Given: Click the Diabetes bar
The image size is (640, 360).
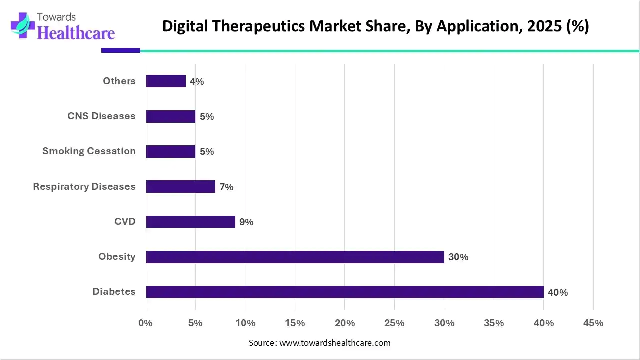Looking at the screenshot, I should [345, 292].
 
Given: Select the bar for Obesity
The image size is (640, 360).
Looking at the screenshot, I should [295, 257].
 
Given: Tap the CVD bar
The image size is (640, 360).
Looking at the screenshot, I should [190, 222].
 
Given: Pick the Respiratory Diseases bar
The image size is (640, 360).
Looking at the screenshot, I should [180, 187].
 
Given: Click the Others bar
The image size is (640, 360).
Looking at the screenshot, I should [166, 81].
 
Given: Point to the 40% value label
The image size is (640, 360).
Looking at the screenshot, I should [558, 293].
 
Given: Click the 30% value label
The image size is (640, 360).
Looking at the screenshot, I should [458, 257].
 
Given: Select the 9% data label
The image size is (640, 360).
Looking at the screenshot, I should [246, 222].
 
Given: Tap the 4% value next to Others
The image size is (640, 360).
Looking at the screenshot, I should [197, 82].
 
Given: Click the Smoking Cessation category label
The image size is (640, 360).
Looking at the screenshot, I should [89, 151].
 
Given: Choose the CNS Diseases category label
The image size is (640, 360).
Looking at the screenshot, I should [101, 116].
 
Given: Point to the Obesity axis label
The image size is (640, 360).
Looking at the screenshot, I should [117, 256].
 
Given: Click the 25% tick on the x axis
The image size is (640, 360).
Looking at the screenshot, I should [394, 323].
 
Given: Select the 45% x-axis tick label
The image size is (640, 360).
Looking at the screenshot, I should [593, 323].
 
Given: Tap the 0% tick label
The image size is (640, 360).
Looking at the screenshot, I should [145, 323].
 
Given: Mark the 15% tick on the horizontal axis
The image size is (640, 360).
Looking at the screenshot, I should [295, 323].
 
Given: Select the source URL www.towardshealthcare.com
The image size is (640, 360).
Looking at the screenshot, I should [334, 343].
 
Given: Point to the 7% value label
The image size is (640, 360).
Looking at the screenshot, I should [226, 187].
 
